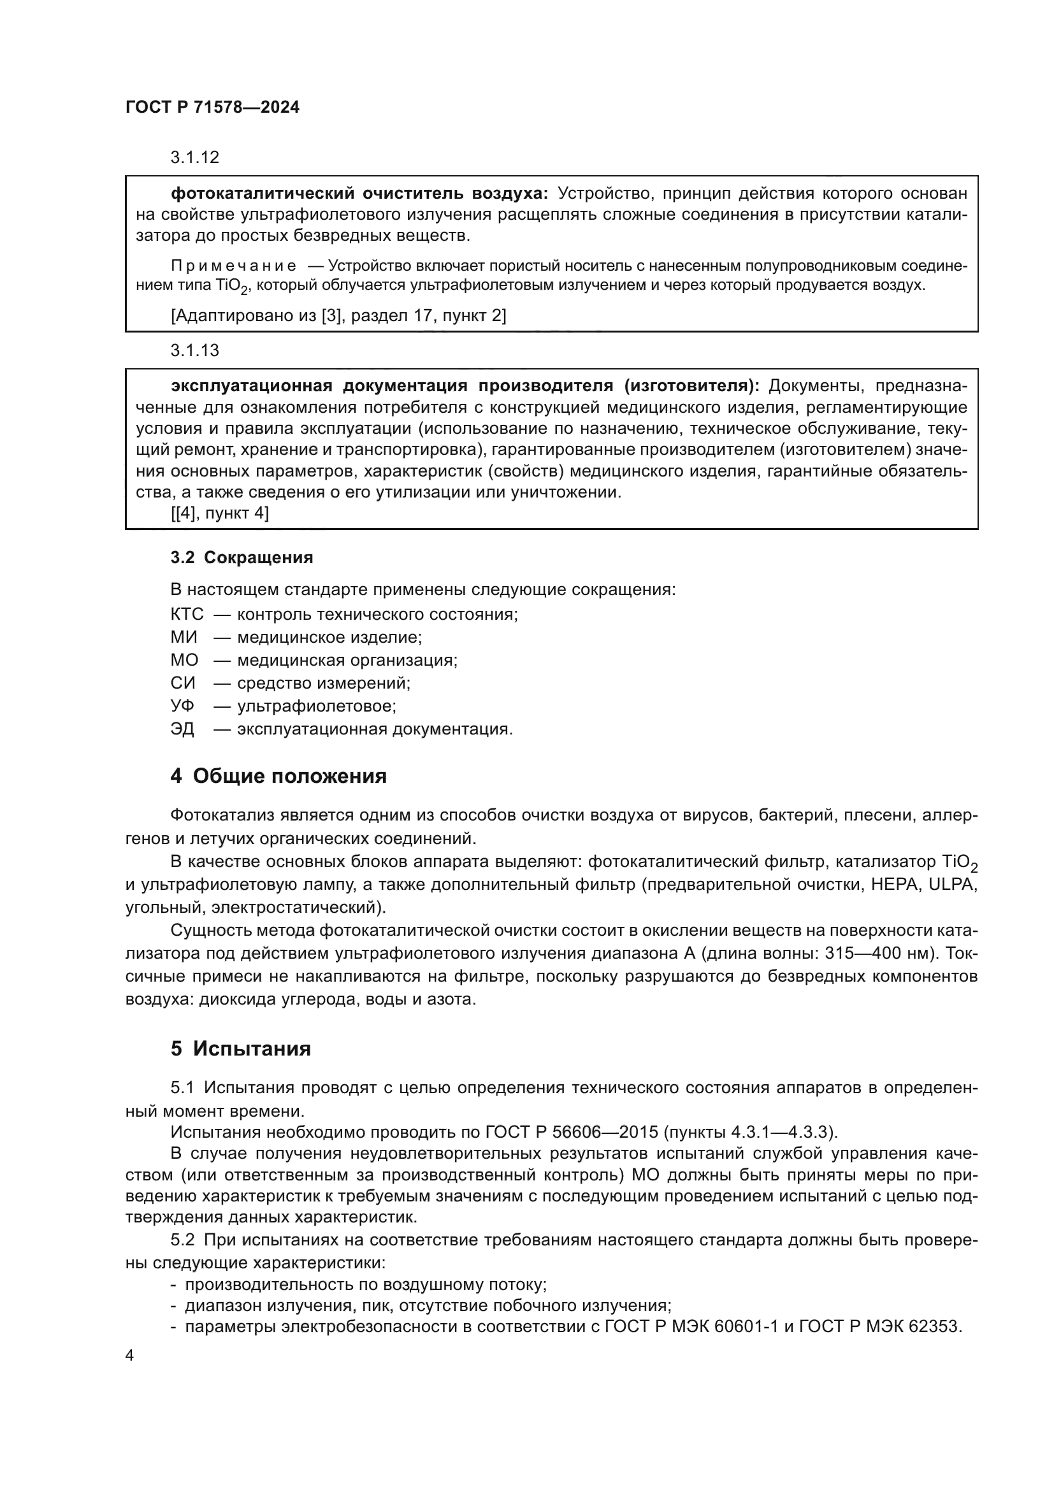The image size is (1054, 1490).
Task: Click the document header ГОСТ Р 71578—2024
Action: pos(212,108)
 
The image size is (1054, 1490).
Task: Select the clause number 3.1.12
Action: pos(195,157)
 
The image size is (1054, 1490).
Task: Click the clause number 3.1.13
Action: pos(195,350)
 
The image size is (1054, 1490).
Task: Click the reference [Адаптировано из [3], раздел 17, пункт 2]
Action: pos(338,315)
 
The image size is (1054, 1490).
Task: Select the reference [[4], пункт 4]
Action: pos(219,513)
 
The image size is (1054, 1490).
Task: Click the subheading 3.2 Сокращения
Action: pos(242,557)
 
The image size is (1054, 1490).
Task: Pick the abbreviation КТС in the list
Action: pos(187,614)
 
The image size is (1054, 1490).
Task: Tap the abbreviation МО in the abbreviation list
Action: pos(184,660)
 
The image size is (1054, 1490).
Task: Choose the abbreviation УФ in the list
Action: pos(182,705)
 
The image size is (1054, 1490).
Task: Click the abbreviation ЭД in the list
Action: pos(182,729)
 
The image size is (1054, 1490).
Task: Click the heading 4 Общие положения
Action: pos(278,775)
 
